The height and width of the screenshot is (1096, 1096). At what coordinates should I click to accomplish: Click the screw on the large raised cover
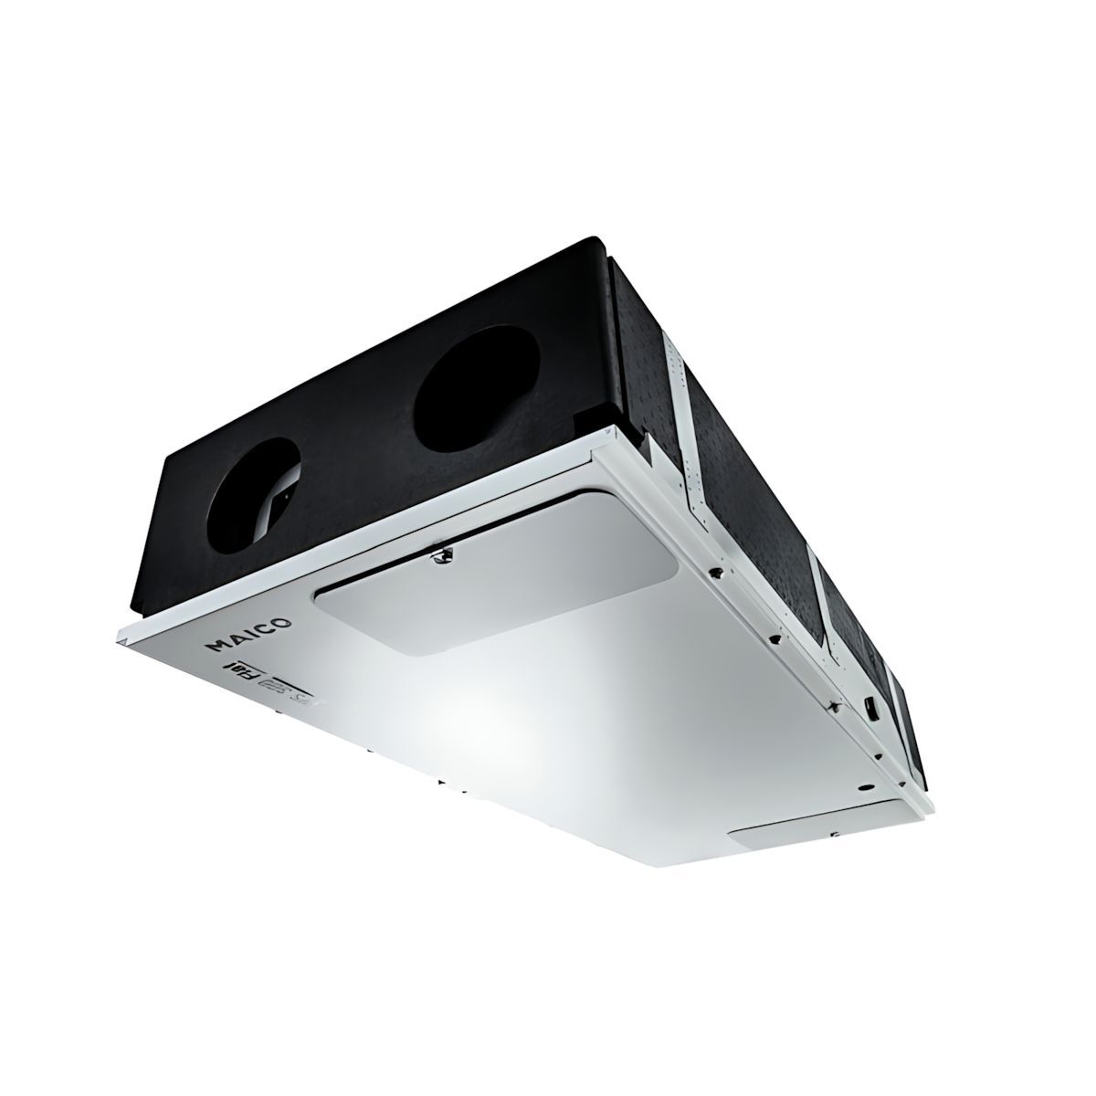point(441,552)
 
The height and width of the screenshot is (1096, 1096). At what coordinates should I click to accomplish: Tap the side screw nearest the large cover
point(718,574)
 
